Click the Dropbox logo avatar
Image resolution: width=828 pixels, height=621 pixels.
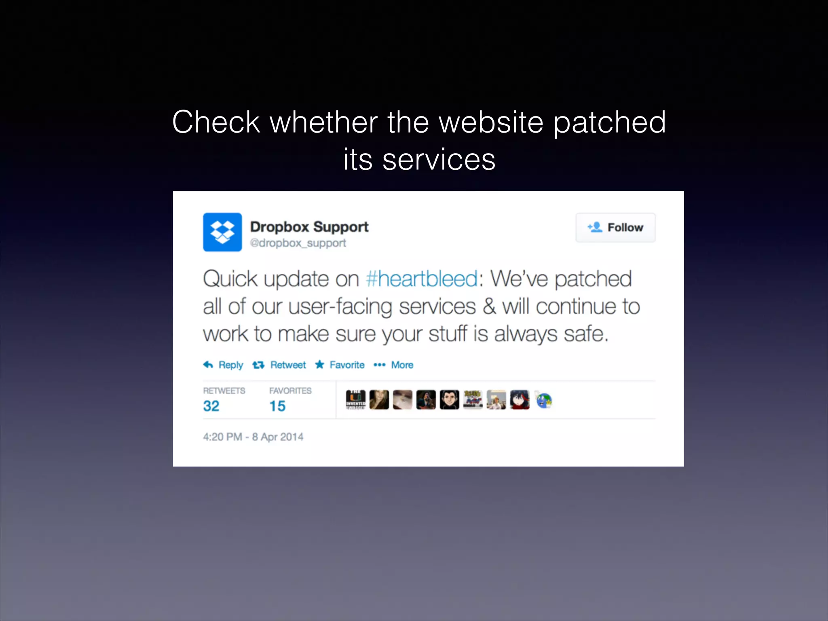[x=222, y=232]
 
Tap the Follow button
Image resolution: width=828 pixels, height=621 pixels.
[x=615, y=228]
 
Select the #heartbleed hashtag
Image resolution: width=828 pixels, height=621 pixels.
[x=422, y=279]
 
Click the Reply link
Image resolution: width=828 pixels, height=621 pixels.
[x=224, y=365]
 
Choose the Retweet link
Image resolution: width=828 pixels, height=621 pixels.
[x=279, y=365]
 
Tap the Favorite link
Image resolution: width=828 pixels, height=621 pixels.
[x=340, y=365]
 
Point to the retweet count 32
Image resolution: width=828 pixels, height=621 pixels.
[x=211, y=406]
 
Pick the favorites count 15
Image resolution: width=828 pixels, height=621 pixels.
[x=277, y=406]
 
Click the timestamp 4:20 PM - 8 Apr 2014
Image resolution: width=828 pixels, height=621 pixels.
[x=253, y=437]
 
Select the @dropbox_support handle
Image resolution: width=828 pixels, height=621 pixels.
[x=298, y=243]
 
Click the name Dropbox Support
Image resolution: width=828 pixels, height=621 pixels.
[x=309, y=227]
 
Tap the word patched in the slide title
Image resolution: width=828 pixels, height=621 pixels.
[x=609, y=123]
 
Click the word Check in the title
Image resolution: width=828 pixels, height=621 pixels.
[x=216, y=122]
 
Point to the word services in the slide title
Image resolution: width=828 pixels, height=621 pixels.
[x=439, y=160]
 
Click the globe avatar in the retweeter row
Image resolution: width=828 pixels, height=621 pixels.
[x=543, y=400]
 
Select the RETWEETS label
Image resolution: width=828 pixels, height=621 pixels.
[x=224, y=391]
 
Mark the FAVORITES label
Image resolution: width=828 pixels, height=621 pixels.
[x=290, y=391]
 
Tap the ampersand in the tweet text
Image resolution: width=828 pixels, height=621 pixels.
[x=489, y=306]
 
